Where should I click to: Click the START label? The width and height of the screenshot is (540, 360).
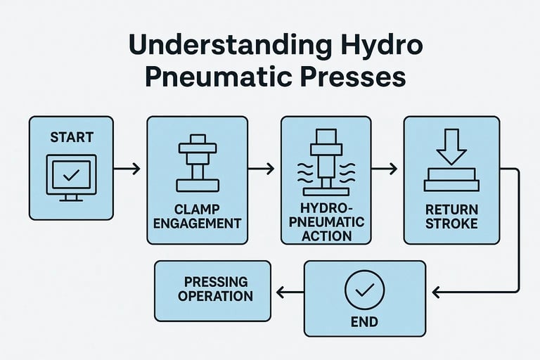(71, 137)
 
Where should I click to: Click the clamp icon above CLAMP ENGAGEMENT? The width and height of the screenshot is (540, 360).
(197, 162)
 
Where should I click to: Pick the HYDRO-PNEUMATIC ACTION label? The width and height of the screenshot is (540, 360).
(326, 222)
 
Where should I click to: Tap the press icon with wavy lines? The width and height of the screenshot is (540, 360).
(326, 162)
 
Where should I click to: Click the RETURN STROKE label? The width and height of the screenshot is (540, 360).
(451, 217)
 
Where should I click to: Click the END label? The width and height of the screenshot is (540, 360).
(364, 322)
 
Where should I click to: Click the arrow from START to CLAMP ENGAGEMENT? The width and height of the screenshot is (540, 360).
(127, 169)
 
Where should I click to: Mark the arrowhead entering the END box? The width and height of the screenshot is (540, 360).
(435, 291)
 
